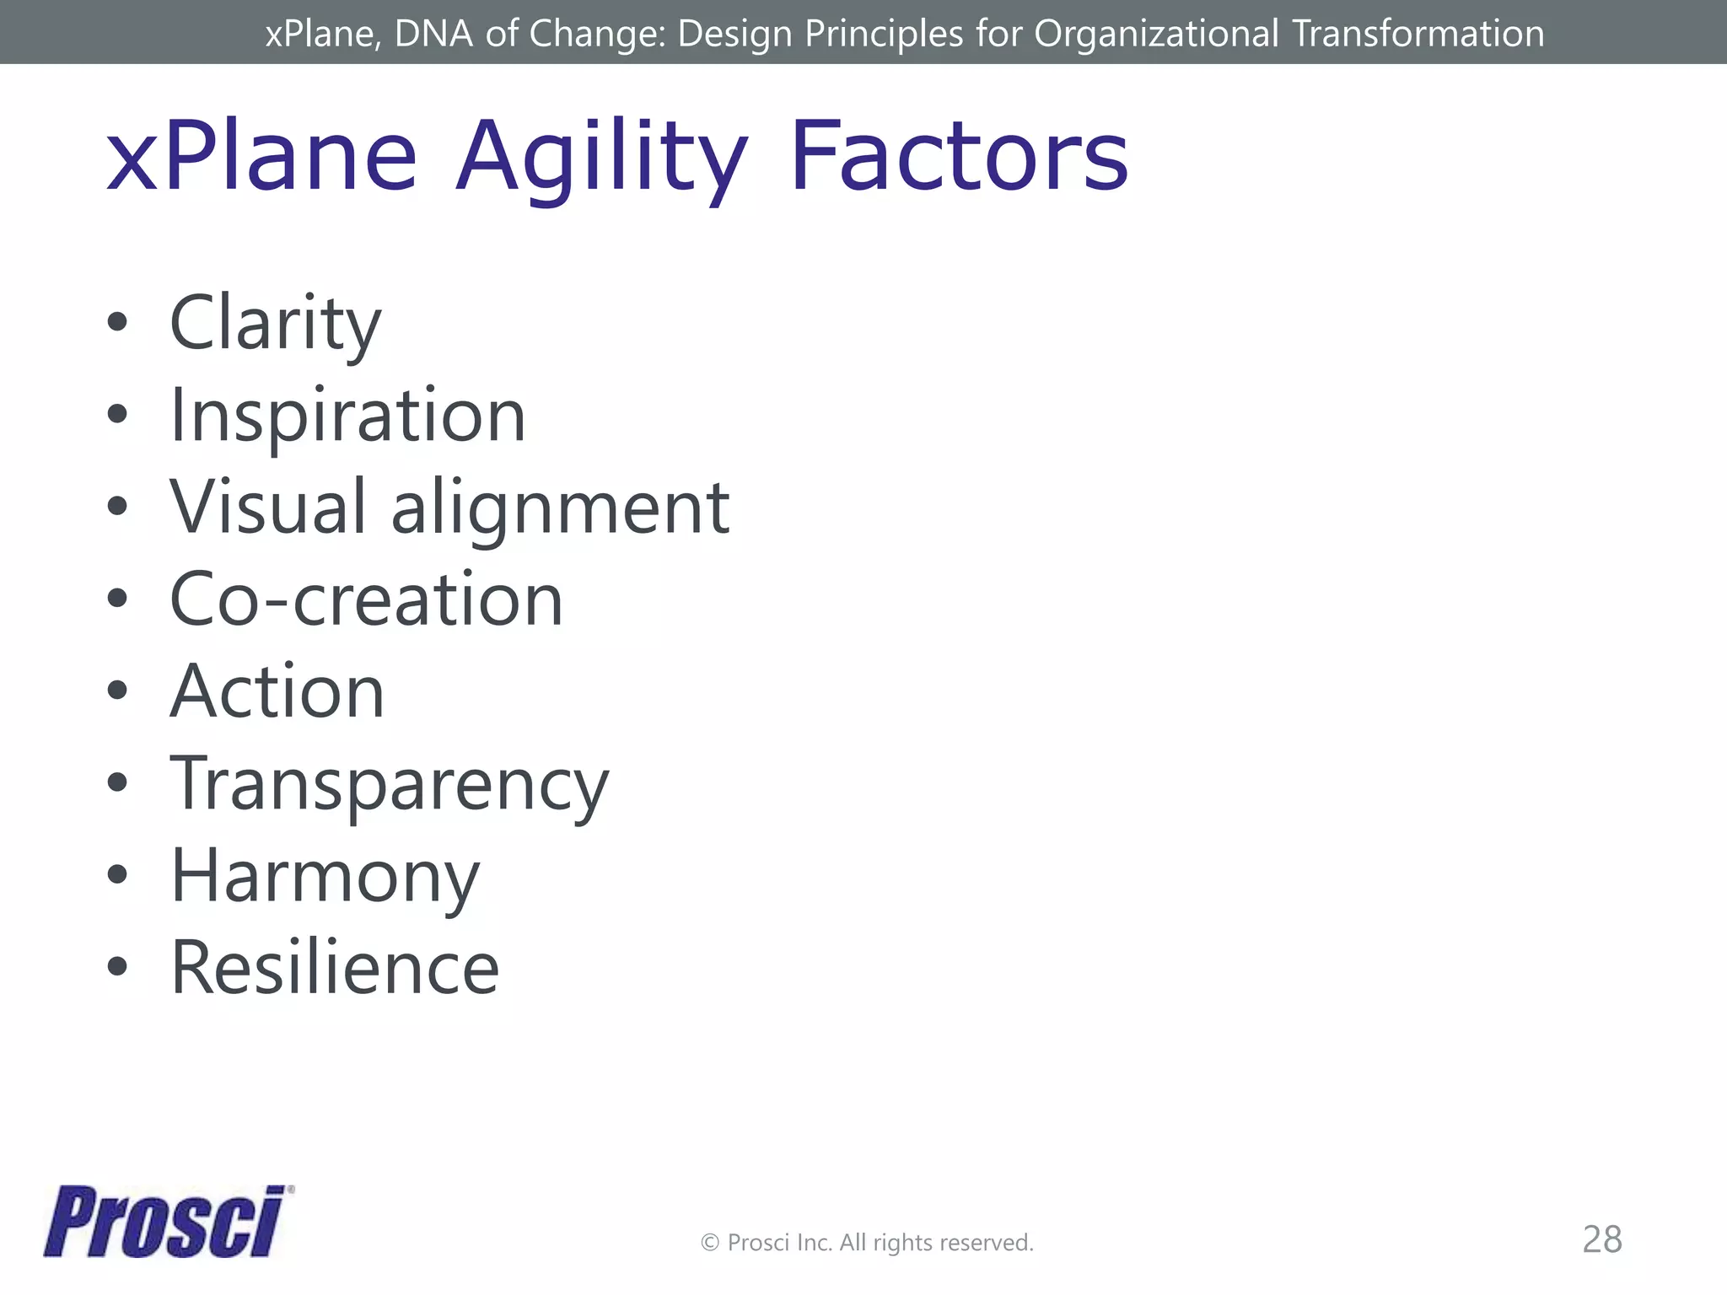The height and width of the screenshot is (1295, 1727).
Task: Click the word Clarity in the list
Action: coord(275,324)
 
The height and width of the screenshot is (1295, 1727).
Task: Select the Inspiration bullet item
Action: coord(347,416)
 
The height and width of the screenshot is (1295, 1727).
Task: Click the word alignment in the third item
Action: coord(560,508)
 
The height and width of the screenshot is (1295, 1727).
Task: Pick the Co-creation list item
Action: coord(366,599)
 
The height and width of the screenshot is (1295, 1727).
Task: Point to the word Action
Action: coord(277,691)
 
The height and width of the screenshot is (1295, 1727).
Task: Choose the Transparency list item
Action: coord(389,784)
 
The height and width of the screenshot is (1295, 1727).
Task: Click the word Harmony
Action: coord(325,877)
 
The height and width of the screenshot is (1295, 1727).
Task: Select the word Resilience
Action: coord(335,968)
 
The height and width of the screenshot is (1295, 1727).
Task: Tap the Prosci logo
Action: coord(167,1222)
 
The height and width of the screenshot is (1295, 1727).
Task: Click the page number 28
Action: coord(1601,1239)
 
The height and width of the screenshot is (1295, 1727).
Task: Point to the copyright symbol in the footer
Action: coord(710,1243)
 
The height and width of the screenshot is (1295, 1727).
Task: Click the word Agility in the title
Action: coord(600,158)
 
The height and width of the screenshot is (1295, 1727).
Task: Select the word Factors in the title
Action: coord(958,157)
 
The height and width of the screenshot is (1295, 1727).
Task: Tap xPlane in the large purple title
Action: coord(261,157)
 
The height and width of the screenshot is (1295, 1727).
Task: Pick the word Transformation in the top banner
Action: coord(1418,34)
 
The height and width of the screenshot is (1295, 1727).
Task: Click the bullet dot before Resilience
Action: coord(118,966)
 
